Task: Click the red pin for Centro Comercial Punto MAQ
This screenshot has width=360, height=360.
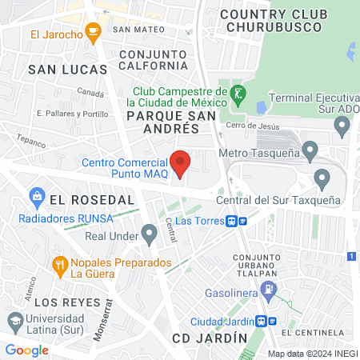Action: [x=181, y=163]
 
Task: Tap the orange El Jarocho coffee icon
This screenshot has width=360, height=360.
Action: [x=94, y=33]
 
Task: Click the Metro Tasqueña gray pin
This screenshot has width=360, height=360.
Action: [x=310, y=149]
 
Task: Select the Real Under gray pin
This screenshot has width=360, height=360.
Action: [x=149, y=233]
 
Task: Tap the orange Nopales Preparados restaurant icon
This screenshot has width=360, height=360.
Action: [x=59, y=263]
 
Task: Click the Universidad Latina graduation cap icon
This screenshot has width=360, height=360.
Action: [x=14, y=320]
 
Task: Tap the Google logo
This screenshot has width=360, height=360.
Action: [x=27, y=350]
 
